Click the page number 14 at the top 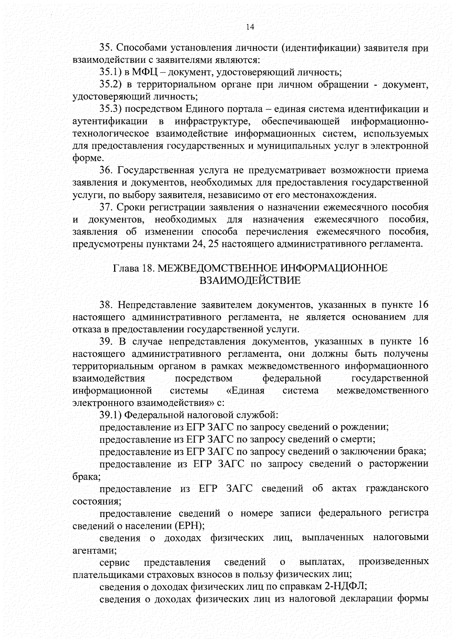pyautogui.click(x=250, y=27)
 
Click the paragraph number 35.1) pyautogui.click(x=110, y=72)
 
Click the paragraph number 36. pyautogui.click(x=106, y=170)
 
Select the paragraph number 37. pyautogui.click(x=106, y=207)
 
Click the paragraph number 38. pyautogui.click(x=106, y=304)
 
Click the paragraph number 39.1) pyautogui.click(x=110, y=415)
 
